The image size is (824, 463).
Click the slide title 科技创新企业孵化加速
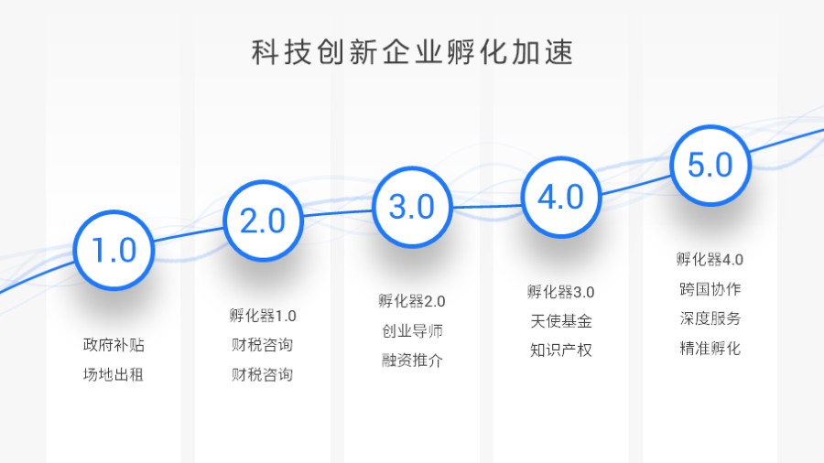coord(412,52)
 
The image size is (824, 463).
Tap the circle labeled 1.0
coord(114,250)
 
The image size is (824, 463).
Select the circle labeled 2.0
coord(263,221)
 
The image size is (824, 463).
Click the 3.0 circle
coord(412,207)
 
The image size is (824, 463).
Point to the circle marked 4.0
coord(560,197)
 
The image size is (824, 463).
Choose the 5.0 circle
coord(710,166)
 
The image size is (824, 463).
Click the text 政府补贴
coord(114,345)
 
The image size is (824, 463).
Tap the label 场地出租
coord(114,375)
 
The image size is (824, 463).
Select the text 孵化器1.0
coord(263,316)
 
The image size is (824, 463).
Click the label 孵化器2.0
coord(412,301)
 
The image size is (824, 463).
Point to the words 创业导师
coord(412,330)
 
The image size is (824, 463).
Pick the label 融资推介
coord(412,360)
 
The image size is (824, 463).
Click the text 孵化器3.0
coord(560,292)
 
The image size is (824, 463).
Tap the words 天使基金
coord(560,321)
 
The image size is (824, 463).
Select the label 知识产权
coord(560,350)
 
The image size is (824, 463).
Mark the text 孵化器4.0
coord(710,259)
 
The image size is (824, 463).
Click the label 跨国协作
coord(710,289)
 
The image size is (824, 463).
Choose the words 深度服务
coord(710,318)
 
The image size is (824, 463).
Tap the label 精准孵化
coord(710,348)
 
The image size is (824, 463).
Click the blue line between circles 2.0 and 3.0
coord(337,212)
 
